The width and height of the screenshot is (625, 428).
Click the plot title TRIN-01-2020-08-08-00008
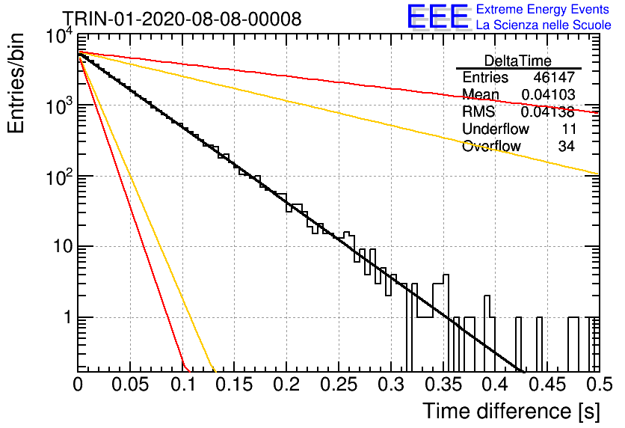182,19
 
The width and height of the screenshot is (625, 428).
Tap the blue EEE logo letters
438,16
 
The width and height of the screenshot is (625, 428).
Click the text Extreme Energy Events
543,9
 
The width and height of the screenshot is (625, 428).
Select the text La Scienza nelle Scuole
544,25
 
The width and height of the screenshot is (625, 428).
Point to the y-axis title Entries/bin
16,83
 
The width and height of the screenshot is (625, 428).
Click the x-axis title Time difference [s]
511,412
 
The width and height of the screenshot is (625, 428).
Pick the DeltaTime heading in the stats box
518,61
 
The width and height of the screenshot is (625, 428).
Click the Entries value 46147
554,77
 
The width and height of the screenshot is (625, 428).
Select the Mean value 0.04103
548,94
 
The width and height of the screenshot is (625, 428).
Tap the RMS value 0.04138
548,111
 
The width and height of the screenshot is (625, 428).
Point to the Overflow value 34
567,146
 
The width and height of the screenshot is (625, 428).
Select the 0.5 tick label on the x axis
599,385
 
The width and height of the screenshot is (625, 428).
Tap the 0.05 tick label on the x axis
130,385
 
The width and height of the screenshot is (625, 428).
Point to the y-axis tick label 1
68,317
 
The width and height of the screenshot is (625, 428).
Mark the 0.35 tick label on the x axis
443,385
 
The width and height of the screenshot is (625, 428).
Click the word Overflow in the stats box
491,146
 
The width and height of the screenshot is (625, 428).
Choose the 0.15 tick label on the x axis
235,385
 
